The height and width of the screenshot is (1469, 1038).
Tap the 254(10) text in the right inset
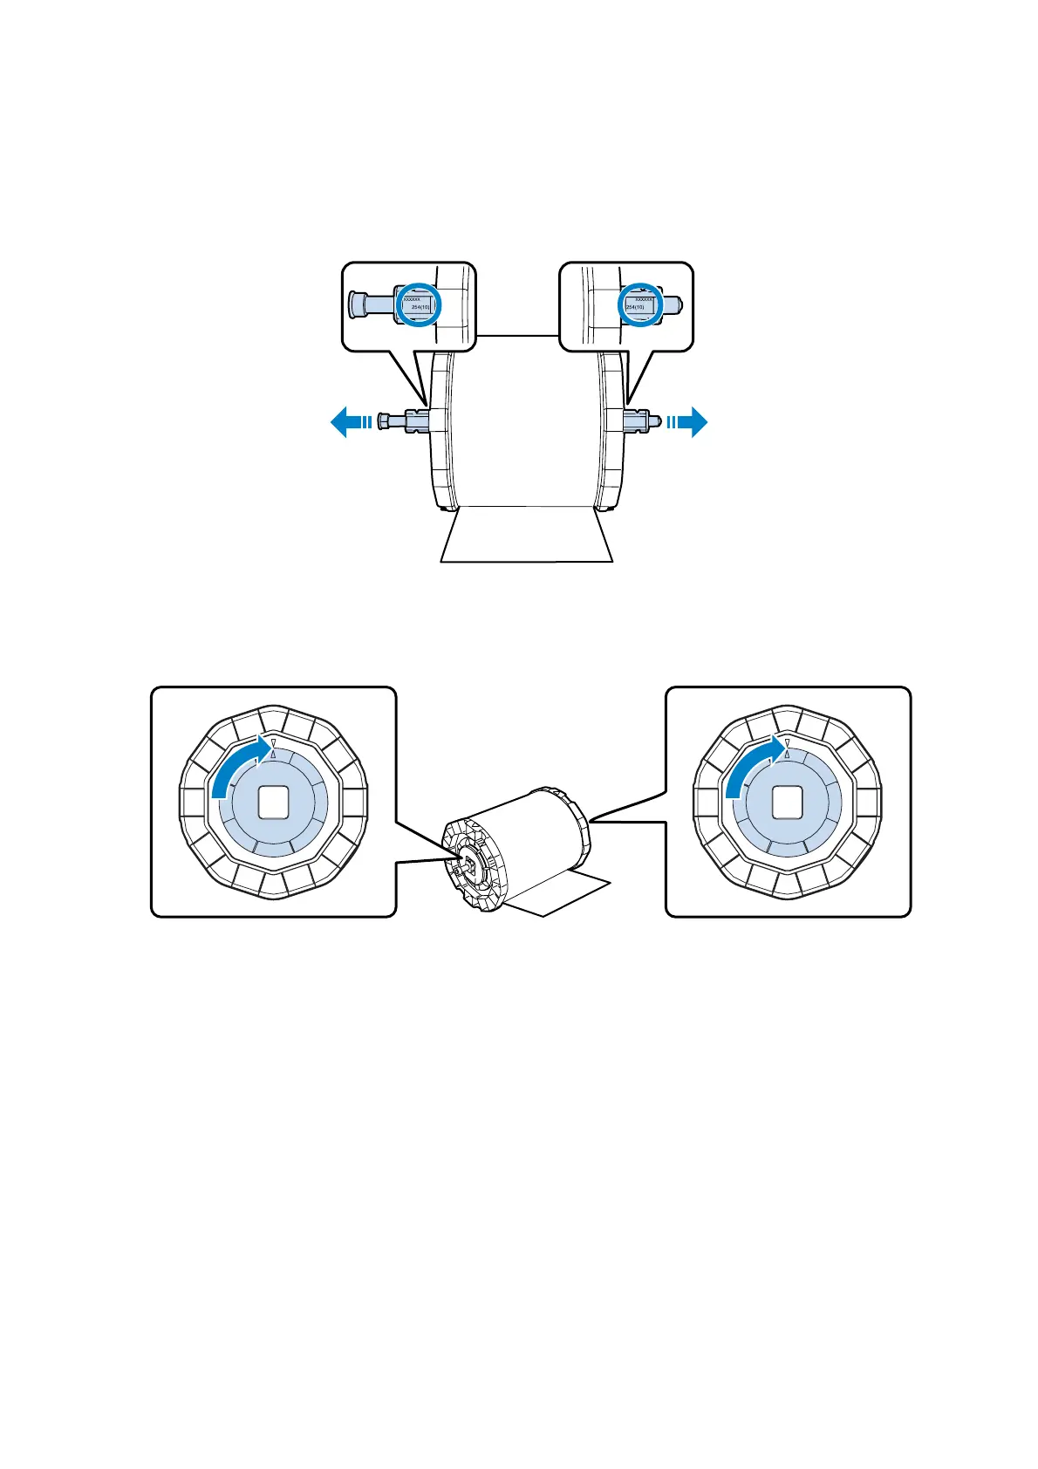(635, 307)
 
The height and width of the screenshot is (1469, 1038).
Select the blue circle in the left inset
(420, 304)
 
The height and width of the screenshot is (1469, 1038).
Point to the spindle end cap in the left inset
(357, 304)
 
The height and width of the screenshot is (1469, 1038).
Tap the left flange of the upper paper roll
(441, 432)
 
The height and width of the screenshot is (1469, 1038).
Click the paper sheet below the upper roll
(526, 536)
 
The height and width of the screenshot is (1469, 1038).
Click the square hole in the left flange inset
(273, 802)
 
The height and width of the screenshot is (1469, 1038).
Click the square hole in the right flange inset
(787, 802)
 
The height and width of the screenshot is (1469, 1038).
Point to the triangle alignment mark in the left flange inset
(273, 744)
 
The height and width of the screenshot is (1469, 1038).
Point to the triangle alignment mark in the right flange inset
(787, 744)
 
